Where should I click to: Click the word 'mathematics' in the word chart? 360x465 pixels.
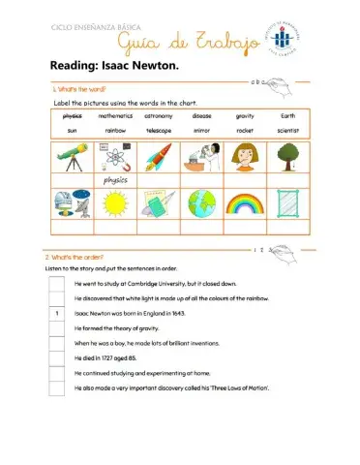coord(115,115)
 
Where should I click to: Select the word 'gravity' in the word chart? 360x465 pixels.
coord(245,115)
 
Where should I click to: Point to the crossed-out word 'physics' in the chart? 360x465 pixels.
coord(72,115)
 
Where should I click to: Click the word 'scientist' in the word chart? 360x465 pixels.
coord(288,129)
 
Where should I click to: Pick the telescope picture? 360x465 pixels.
coord(72,156)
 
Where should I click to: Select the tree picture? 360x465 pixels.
coord(288,156)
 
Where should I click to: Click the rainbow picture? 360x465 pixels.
coord(245,202)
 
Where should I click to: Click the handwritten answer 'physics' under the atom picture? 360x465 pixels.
coord(115,180)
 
